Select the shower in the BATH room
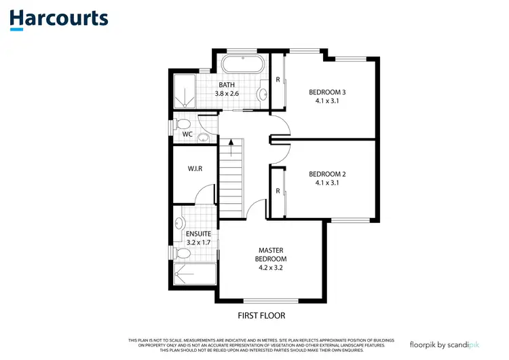coord(185,92)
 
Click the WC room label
coord(187,134)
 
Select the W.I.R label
coord(196,168)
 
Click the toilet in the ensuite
coord(182,253)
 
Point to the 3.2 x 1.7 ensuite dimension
coord(198,241)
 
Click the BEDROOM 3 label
coord(327,92)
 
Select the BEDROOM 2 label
coord(327,174)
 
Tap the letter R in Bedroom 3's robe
coord(278,79)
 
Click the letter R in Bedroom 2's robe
coord(278,192)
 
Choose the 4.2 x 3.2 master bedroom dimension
coord(270,268)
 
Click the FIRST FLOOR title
coord(261,315)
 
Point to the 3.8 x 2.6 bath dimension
coord(227,93)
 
